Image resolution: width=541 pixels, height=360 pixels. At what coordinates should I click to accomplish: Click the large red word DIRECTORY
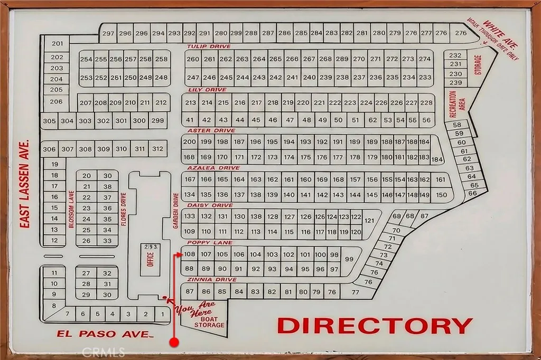375,326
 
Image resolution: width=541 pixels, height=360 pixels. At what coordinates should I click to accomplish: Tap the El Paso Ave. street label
105,334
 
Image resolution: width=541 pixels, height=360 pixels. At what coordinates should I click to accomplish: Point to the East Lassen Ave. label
24,184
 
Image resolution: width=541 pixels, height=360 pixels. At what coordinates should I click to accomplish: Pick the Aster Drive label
211,130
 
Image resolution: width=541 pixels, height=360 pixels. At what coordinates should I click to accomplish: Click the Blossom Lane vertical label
71,210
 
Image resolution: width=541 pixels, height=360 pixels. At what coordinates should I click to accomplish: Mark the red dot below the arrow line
174,343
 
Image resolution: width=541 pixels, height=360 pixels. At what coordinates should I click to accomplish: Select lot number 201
58,43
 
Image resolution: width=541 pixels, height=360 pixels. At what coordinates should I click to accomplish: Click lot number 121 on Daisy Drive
369,221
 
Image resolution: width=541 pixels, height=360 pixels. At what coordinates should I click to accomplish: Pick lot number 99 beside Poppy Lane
349,259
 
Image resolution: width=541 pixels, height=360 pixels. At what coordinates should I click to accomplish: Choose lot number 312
157,149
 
